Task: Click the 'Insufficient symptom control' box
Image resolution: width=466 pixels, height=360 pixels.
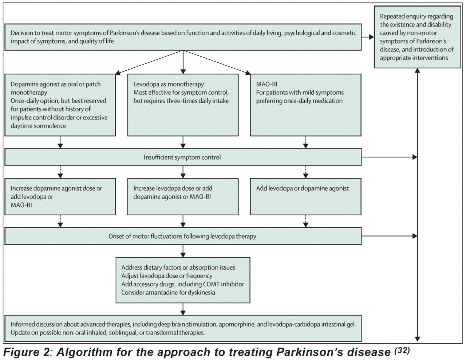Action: (183, 157)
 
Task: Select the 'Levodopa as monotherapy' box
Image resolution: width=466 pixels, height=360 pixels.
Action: (183, 105)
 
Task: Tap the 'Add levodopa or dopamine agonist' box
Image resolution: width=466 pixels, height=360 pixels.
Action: (305, 196)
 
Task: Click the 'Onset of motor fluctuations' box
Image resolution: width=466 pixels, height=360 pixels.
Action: (183, 236)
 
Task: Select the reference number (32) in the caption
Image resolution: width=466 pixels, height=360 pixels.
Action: (402, 351)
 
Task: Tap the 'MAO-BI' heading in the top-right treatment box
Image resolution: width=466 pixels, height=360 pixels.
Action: (266, 84)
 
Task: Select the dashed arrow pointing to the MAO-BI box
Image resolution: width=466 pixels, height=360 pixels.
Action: (217, 63)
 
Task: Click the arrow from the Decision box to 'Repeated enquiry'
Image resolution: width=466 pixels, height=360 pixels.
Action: (368, 37)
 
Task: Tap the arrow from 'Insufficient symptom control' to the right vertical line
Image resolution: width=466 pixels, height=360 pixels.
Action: (389, 157)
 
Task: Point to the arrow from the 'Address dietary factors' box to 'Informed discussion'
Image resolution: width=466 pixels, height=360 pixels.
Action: (183, 309)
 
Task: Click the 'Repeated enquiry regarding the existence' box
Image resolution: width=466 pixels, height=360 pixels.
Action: (417, 37)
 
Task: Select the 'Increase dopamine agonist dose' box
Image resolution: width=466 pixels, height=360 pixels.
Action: (60, 196)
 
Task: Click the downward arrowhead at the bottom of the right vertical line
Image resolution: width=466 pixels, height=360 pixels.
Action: (417, 339)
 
